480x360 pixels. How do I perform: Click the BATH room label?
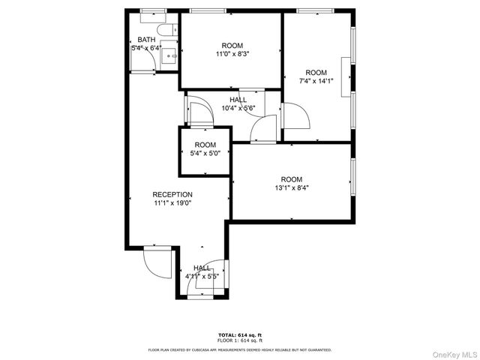click(x=146, y=39)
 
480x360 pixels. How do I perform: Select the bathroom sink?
click(x=171, y=54)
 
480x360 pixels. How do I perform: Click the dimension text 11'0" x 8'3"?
click(x=232, y=54)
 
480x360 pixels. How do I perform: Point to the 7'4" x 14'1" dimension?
click(x=316, y=81)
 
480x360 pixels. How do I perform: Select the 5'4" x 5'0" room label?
click(x=205, y=154)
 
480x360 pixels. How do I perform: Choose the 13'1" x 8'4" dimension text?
click(x=291, y=187)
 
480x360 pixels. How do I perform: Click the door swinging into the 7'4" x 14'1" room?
click(x=295, y=116)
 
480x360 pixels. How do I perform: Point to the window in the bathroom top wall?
click(x=153, y=11)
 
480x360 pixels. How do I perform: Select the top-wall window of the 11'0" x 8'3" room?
click(x=202, y=11)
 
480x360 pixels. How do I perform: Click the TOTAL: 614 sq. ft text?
click(x=239, y=334)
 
